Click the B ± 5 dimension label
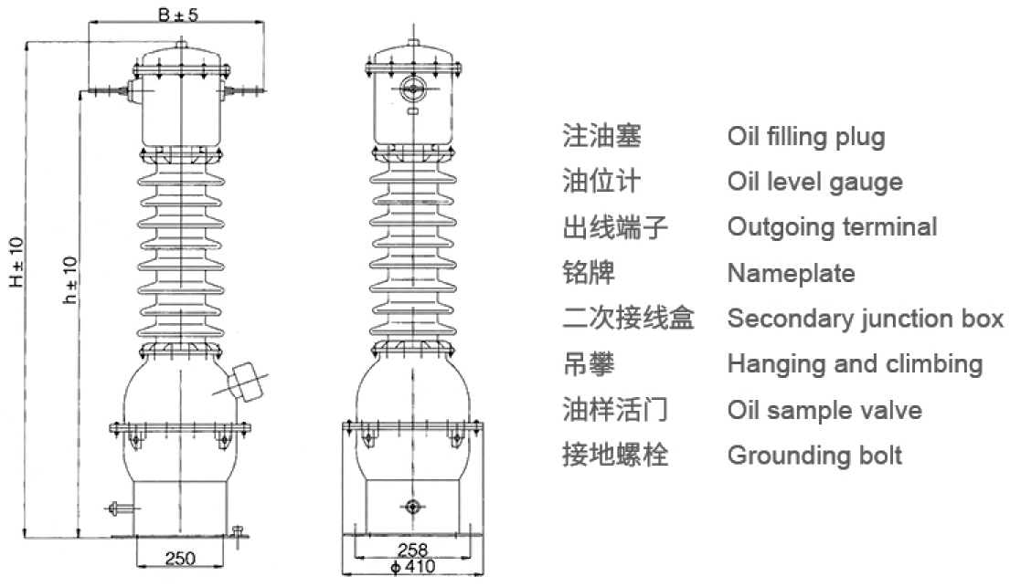point(178,14)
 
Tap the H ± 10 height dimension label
point(16,262)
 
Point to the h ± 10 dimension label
point(70,280)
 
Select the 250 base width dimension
point(180,558)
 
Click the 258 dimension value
point(413,550)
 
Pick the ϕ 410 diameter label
point(413,566)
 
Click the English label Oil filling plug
point(806,137)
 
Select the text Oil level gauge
point(814,183)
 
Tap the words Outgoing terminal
point(832,227)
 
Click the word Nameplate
point(791,274)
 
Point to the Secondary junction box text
point(865,319)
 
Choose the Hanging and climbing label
point(855,364)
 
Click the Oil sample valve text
point(824,410)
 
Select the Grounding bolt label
point(814,456)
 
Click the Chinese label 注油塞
point(601,136)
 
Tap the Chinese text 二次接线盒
point(628,319)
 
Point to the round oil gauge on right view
point(412,89)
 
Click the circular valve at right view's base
point(412,507)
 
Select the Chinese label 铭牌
point(589,273)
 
